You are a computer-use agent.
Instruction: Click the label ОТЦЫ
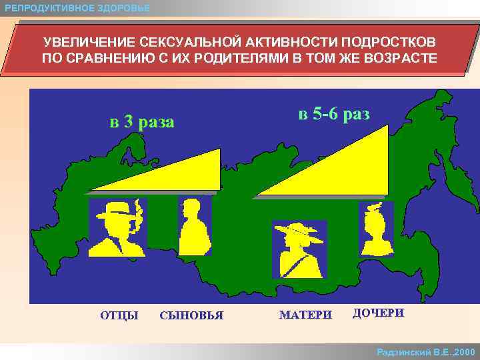119,315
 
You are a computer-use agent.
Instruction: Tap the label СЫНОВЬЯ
191,315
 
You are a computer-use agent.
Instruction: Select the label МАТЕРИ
305,315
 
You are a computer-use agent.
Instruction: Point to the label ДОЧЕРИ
378,313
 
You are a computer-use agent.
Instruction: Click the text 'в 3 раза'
142,122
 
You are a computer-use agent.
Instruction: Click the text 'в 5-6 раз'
333,113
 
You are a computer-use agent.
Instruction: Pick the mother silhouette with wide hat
299,249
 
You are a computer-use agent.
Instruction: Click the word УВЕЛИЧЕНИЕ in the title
81,43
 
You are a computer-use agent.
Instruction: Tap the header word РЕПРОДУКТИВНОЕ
45,8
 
